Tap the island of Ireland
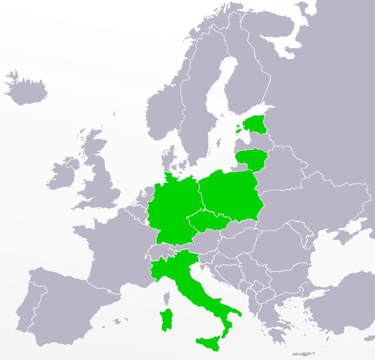pos(62,174)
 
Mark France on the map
pos(111,249)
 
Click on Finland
pos(249,75)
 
